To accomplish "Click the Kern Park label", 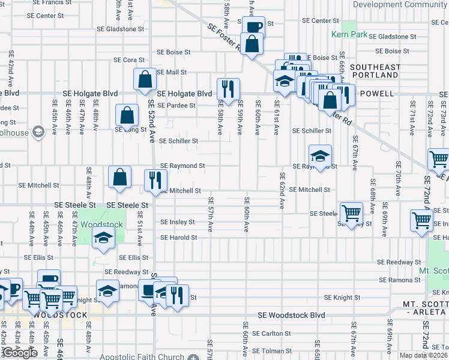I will click(x=349, y=35).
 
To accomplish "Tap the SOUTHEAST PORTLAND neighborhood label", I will click(x=375, y=71).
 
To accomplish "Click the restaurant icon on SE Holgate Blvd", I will click(x=228, y=89).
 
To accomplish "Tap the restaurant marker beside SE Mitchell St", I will click(x=155, y=179).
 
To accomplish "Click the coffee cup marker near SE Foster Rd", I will click(x=253, y=26).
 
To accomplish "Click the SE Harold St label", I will click(x=178, y=238).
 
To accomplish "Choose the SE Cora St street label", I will click(x=129, y=60).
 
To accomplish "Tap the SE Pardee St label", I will click(x=176, y=106).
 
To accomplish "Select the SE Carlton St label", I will click(x=271, y=334).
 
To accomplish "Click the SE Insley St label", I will click(x=177, y=222).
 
